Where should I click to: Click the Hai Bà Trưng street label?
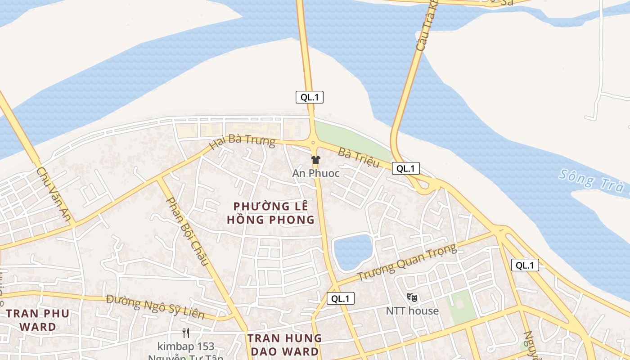coord(243,140)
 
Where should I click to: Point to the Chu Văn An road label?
coord(54,194)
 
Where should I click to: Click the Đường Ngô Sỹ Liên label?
coord(156,307)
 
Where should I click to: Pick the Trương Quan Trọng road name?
coord(407,262)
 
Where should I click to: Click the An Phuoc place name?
coord(316,173)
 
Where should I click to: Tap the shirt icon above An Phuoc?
coord(316,160)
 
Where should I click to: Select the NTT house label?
coord(412,310)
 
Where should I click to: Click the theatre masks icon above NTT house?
coord(412,297)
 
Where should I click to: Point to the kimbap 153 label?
coord(186,346)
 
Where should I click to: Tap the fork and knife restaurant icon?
coord(186,333)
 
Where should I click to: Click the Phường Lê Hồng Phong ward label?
coord(271,213)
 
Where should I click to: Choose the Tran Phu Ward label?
coord(38,320)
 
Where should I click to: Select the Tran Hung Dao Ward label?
coord(284,345)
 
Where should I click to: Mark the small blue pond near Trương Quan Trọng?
coord(353,252)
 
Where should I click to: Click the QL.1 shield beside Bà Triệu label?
coord(406,169)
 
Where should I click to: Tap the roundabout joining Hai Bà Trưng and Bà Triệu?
coord(313,143)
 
